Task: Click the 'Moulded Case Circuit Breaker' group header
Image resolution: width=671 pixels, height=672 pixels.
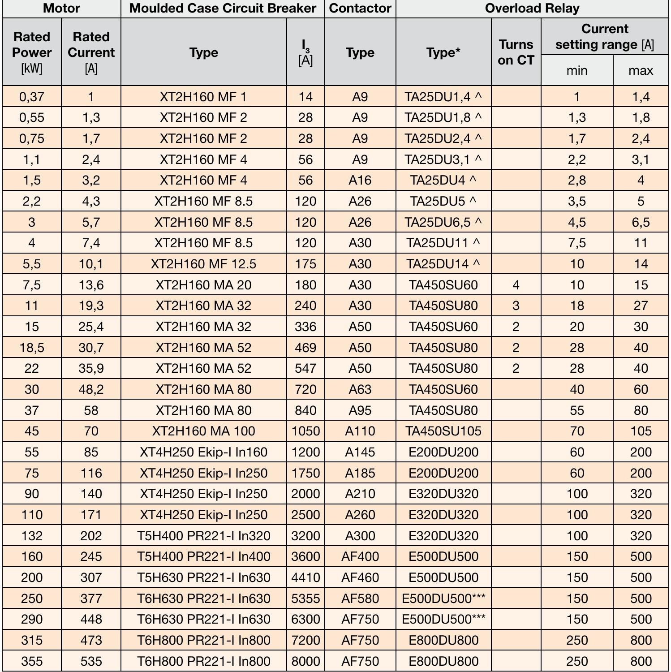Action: (223, 9)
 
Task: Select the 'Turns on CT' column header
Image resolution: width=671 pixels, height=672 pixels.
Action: (516, 52)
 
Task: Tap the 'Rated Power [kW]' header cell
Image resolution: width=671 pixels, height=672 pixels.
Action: (32, 52)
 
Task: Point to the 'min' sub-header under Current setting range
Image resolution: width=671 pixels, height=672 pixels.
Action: (576, 70)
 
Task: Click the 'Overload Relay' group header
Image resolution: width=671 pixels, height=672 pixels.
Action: (532, 9)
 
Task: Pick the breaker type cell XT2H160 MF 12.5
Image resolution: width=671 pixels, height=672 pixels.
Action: (203, 264)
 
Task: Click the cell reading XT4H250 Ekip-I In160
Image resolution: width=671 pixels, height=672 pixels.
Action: (203, 452)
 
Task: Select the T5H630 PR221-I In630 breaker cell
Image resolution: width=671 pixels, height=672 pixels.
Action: (203, 577)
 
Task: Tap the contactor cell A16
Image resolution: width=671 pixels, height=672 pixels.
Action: (360, 180)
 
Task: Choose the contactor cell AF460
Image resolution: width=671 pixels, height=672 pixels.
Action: (360, 577)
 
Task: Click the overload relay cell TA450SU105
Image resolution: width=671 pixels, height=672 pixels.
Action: (443, 431)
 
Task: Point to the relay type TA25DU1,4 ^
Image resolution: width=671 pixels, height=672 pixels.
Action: (443, 97)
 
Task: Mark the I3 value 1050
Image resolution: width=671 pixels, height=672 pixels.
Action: (305, 431)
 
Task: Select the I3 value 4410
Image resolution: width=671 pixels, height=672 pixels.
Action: (305, 577)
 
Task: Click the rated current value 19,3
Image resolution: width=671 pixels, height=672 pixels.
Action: (91, 306)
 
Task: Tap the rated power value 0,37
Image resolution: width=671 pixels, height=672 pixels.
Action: (32, 97)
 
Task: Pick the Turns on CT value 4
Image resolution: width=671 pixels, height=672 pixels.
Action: (516, 285)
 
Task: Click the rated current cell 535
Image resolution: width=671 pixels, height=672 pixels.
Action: (91, 661)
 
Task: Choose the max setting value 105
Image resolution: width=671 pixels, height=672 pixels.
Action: (641, 431)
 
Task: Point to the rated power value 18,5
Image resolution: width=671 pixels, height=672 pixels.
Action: (32, 348)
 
